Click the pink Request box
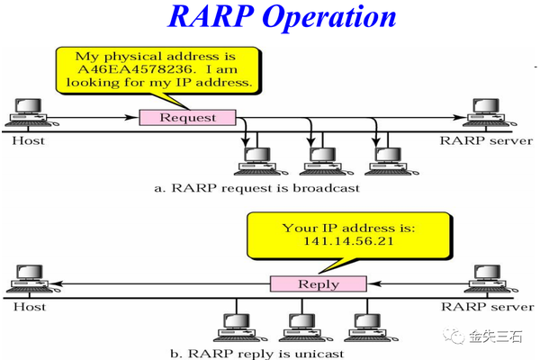187,117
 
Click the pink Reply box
318,284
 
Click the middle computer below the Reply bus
300,326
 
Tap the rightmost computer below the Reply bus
364,326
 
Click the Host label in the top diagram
28,140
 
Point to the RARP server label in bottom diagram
485,307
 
